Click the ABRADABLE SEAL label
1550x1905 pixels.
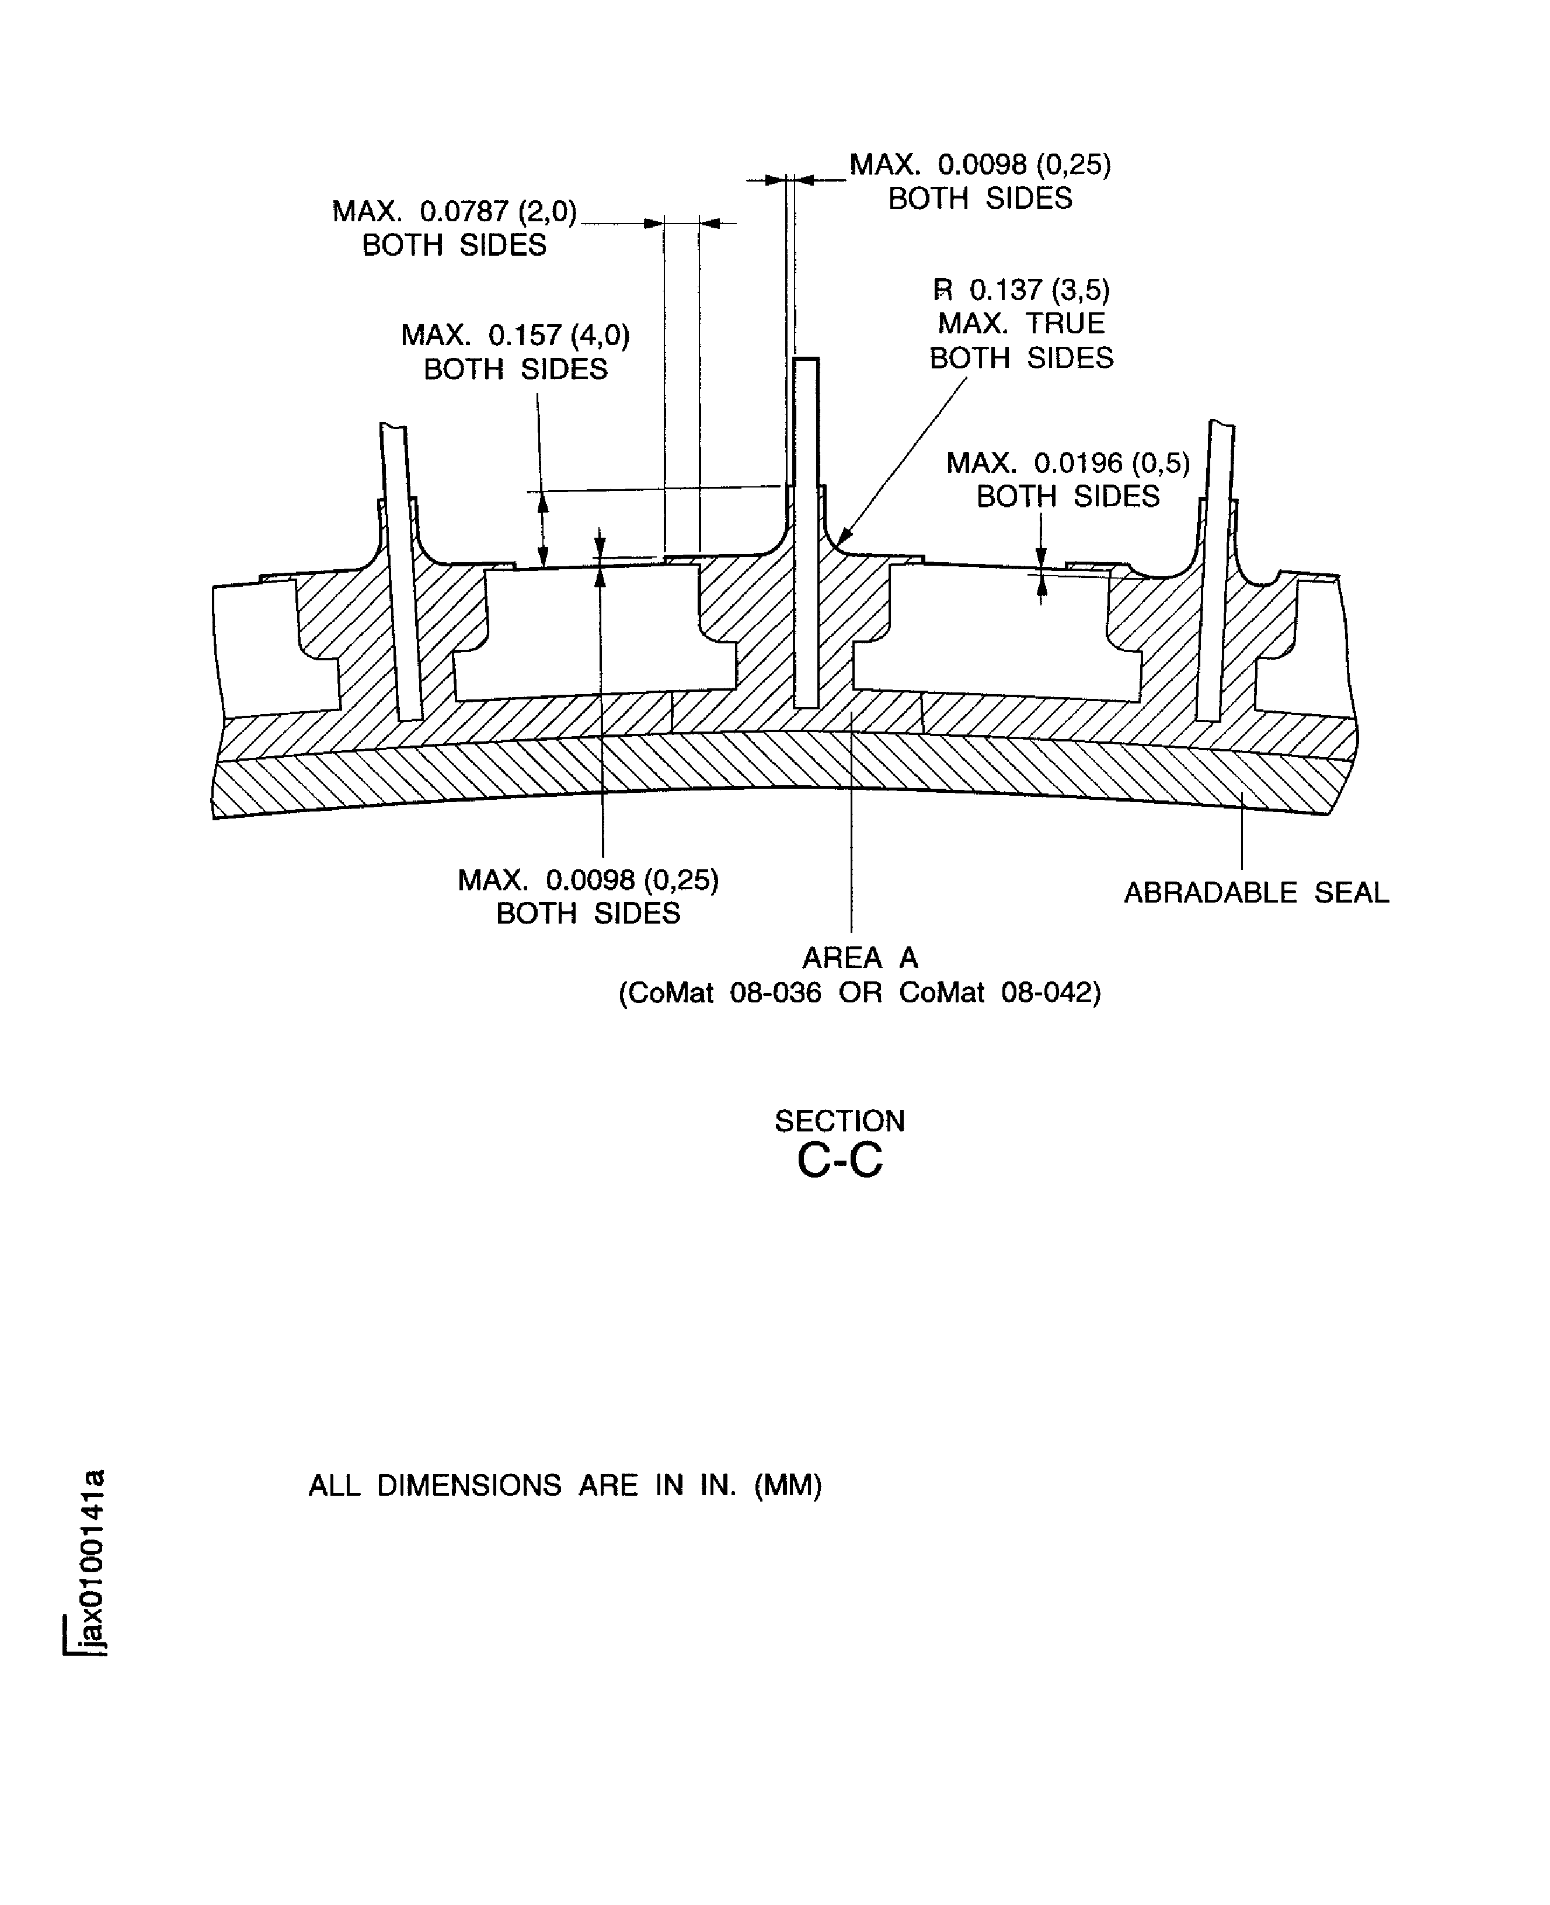point(1255,893)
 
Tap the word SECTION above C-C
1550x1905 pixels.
point(840,1120)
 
